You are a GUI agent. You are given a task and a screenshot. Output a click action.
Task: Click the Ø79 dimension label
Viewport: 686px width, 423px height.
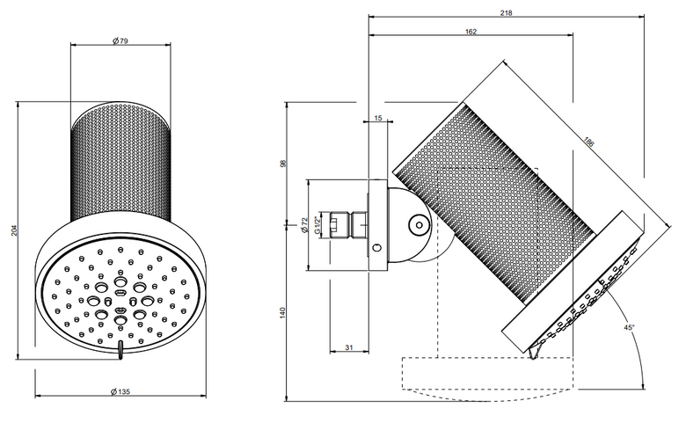pos(120,41)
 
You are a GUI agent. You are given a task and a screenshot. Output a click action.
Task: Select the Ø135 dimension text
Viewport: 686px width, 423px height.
pos(120,391)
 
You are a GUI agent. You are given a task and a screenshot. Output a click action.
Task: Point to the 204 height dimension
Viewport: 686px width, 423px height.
pos(14,230)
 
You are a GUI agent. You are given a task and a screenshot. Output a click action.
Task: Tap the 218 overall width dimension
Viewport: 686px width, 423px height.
pos(507,13)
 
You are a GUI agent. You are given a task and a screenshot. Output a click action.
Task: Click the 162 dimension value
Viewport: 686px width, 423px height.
pos(471,32)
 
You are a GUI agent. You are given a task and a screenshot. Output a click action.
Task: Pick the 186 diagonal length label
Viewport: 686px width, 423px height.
pos(589,142)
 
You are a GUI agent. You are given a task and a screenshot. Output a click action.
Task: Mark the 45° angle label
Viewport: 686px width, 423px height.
pos(629,327)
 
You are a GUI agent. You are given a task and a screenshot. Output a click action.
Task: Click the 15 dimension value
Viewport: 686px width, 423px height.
pos(378,118)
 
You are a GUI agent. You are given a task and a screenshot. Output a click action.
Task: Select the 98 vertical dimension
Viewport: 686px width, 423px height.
pos(282,164)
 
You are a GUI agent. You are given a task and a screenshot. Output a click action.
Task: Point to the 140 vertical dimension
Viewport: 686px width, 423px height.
pos(282,312)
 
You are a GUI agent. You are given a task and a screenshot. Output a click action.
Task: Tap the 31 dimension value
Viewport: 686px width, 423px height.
pos(348,347)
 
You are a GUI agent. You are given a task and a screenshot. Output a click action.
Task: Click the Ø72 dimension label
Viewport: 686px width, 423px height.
pos(305,225)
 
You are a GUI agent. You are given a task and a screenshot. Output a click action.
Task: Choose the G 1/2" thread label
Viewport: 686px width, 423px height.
pos(318,224)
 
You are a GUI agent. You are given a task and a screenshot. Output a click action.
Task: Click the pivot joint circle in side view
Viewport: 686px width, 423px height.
pos(420,225)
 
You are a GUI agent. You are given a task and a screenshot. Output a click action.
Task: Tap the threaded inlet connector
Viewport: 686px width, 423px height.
pos(348,225)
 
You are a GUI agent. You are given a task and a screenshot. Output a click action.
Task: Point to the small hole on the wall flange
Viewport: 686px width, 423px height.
pos(377,248)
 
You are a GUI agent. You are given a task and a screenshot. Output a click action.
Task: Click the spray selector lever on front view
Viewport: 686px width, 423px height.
pos(120,350)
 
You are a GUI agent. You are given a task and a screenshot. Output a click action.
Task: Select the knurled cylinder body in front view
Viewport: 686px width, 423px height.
pos(120,162)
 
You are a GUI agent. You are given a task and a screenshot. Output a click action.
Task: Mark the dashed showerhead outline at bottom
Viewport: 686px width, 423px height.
pos(488,379)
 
